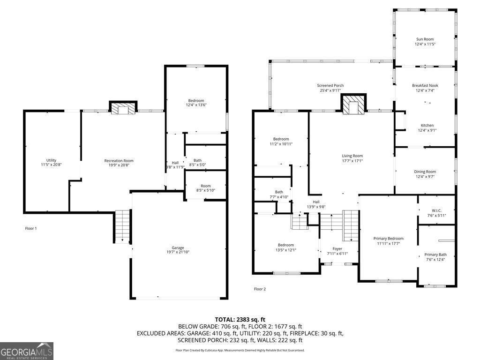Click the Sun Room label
(424, 39)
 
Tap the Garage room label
(178, 248)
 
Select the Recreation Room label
(119, 161)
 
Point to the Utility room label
(51, 160)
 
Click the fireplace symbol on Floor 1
(123, 108)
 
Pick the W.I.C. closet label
(436, 210)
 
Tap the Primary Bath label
(435, 255)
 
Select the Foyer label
(337, 249)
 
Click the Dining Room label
(425, 172)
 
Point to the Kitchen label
(427, 125)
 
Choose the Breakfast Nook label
(425, 85)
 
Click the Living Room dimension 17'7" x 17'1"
(352, 161)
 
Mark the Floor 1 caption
(31, 228)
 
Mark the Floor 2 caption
(260, 289)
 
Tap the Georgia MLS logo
(27, 351)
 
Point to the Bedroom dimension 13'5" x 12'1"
(285, 250)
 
